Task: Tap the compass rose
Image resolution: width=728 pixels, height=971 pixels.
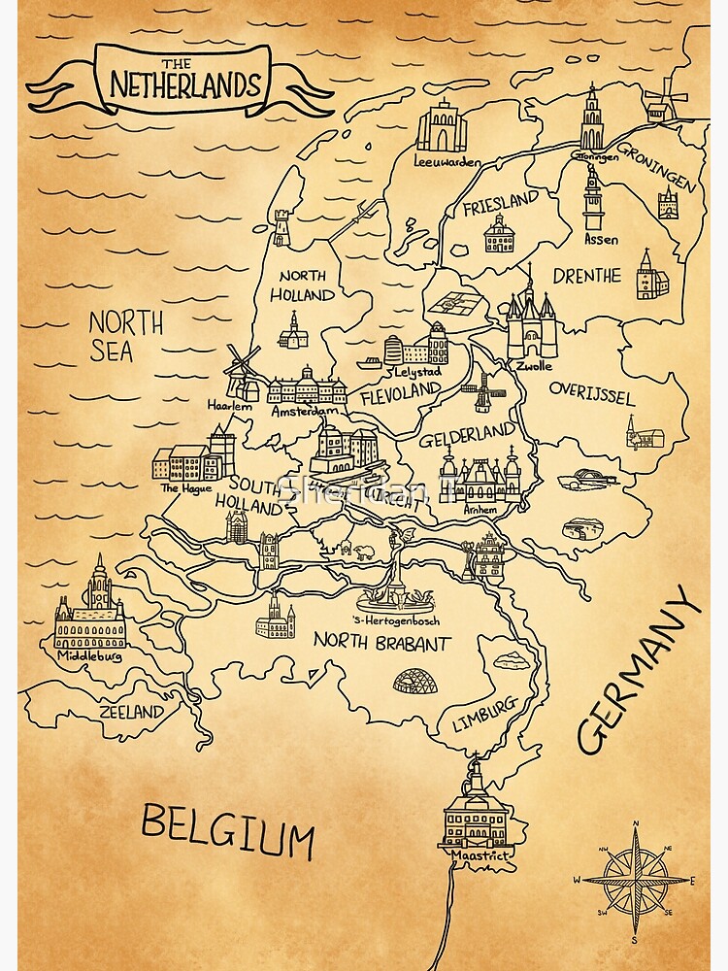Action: tap(636, 881)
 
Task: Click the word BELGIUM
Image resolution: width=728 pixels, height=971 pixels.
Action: tap(228, 830)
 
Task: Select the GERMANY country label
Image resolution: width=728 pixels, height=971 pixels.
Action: tap(639, 670)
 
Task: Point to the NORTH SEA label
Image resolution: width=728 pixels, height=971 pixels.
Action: tap(125, 336)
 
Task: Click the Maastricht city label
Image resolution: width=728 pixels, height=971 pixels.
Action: tap(474, 855)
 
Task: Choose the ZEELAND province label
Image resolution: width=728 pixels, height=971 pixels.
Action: tap(131, 712)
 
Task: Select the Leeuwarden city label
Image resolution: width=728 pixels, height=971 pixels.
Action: tap(447, 162)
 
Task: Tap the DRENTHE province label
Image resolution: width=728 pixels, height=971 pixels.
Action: tap(586, 276)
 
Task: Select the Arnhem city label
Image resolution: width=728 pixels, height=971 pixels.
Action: tap(481, 510)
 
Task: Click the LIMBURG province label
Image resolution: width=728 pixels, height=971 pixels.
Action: tap(483, 715)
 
